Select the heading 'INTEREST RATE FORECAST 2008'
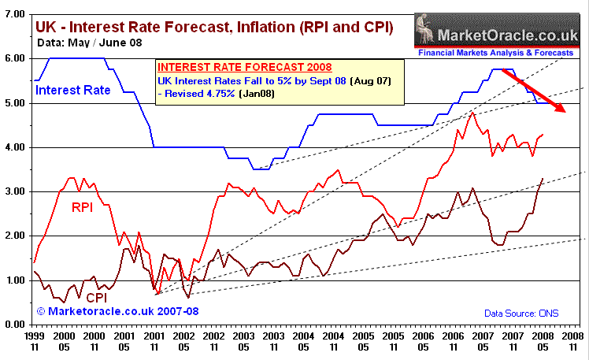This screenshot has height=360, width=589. point(235,69)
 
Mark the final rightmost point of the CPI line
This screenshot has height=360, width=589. point(543,178)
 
